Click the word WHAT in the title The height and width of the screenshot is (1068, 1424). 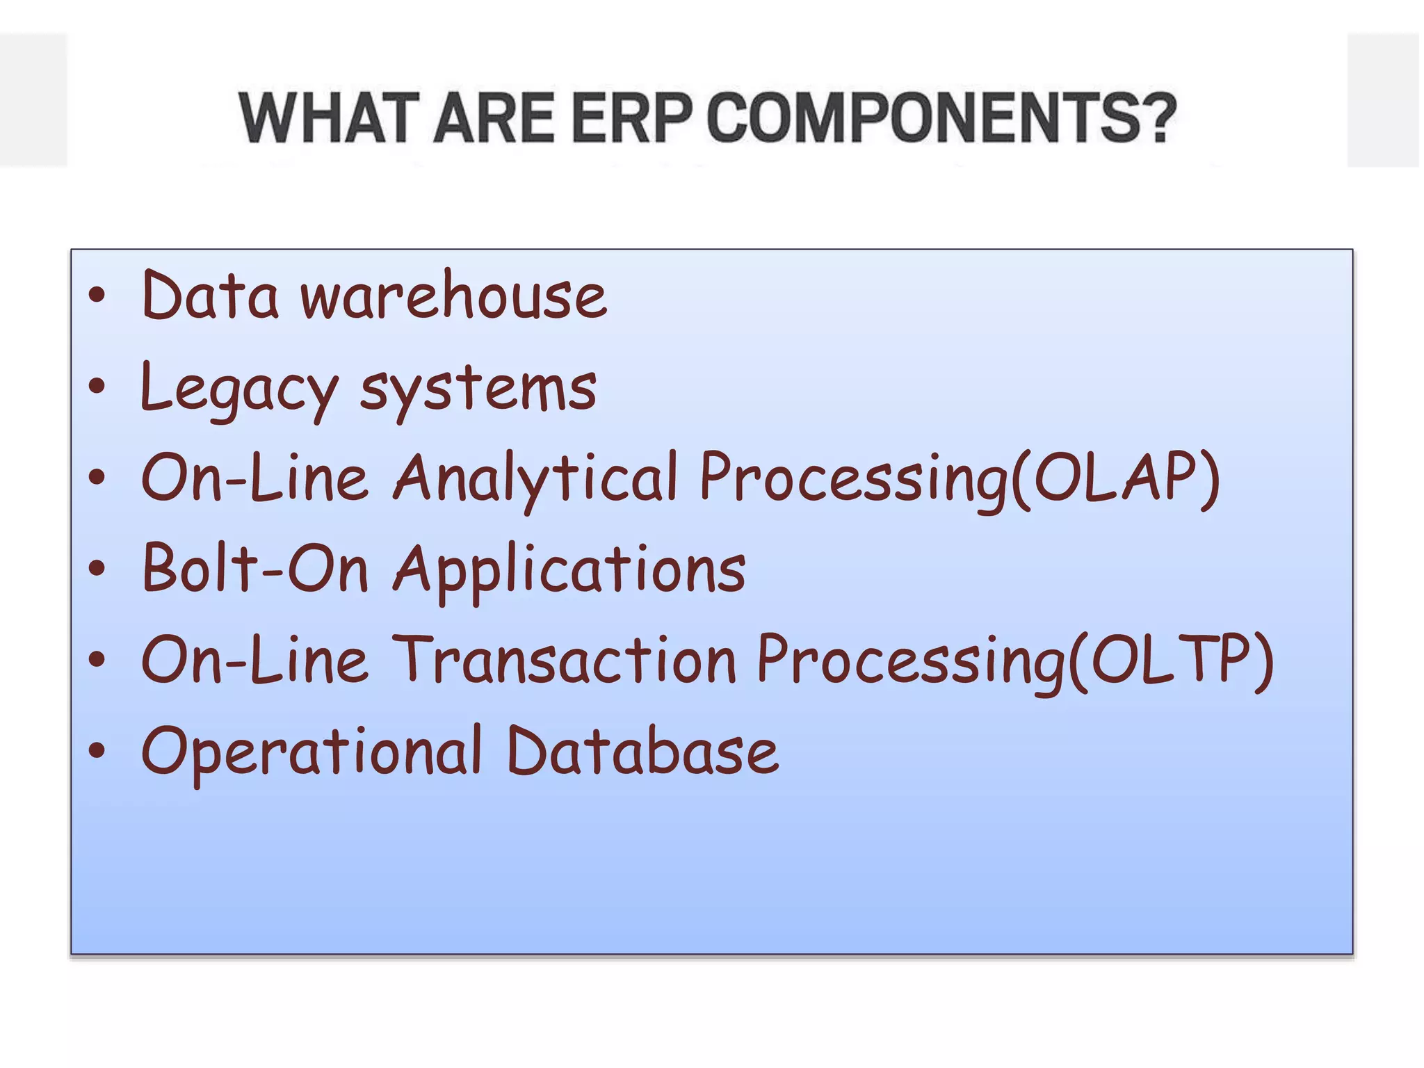pos(326,118)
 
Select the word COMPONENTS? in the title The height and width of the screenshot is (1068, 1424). pos(941,118)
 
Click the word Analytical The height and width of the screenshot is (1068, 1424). pos(535,478)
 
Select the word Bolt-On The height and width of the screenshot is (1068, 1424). pos(254,569)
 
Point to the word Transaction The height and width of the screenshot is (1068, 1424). pos(565,660)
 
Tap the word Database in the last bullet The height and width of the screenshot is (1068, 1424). pos(642,751)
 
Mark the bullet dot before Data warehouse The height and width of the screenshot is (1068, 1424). pos(97,296)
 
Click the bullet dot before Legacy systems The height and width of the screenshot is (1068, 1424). pos(97,387)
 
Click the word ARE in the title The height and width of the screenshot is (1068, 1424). pos(493,118)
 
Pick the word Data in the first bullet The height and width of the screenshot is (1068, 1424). pos(210,296)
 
